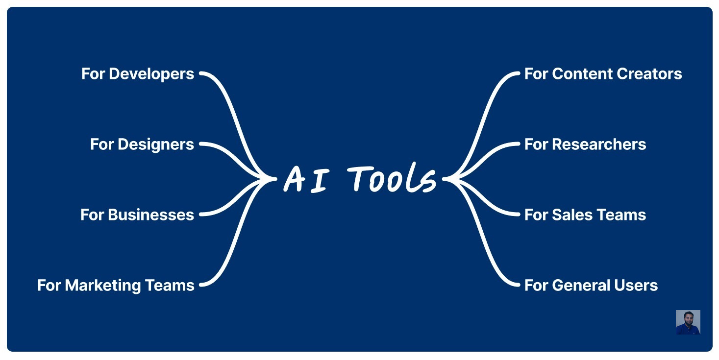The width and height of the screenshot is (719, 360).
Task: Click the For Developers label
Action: [x=138, y=74]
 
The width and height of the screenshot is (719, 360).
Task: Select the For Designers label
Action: [x=142, y=144]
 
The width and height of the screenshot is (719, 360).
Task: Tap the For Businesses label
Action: [x=137, y=215]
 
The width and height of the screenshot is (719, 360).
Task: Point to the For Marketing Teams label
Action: [x=116, y=286]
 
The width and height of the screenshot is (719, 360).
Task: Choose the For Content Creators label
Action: [x=603, y=74]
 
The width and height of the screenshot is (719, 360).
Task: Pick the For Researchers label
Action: [x=585, y=144]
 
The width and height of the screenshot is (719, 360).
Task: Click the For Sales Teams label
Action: [x=585, y=215]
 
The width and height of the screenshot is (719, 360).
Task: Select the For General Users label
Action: [x=591, y=286]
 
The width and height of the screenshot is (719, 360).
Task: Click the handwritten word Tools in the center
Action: [x=393, y=179]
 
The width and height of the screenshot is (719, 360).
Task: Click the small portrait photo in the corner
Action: [x=688, y=322]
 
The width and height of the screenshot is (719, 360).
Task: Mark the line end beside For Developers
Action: [x=201, y=74]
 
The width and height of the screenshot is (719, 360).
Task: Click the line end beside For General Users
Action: [x=517, y=285]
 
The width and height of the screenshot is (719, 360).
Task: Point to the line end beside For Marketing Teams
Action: [x=201, y=285]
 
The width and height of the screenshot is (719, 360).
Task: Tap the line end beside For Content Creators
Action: [x=517, y=74]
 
